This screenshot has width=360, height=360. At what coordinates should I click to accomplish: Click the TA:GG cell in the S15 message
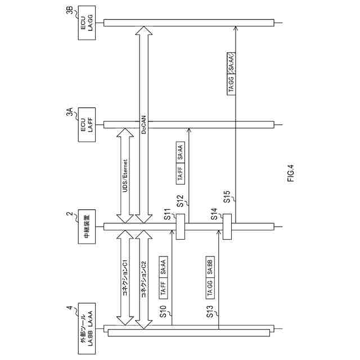pos(232,84)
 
